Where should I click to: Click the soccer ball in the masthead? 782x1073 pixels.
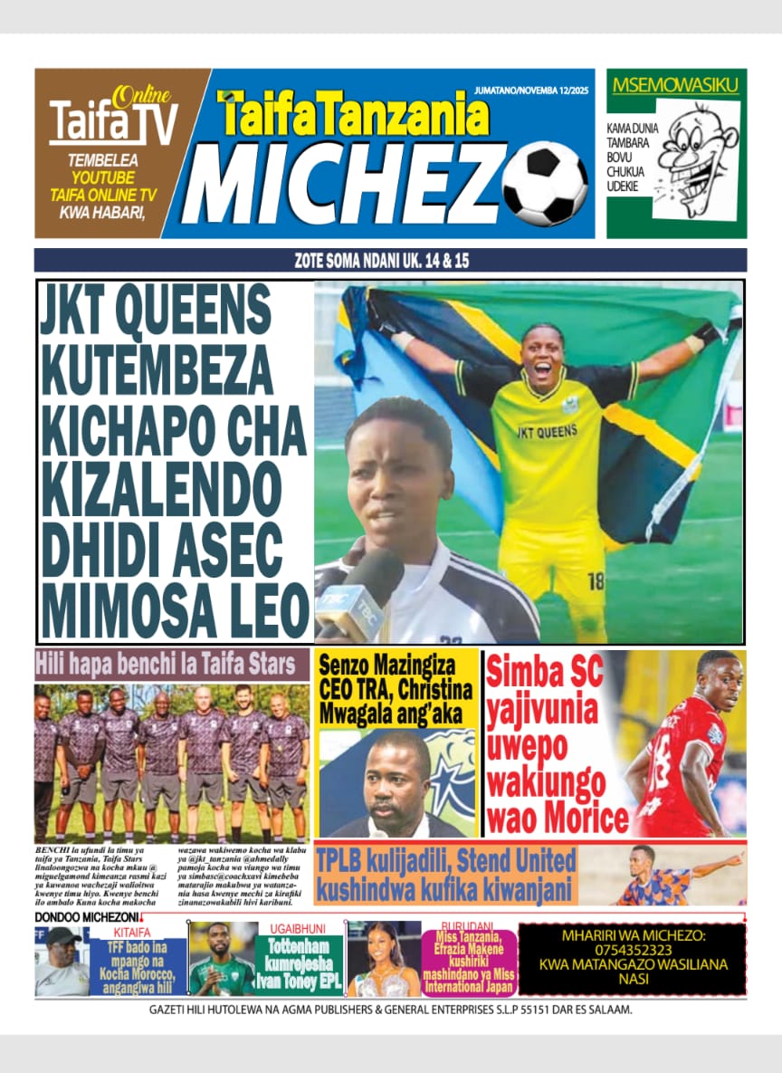tap(545, 185)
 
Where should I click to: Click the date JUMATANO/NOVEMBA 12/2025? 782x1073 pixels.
tap(534, 91)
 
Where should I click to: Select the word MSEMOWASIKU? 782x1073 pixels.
tap(676, 86)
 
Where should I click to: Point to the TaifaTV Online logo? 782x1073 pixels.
tap(112, 118)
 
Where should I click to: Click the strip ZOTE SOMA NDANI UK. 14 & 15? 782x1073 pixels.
tap(391, 261)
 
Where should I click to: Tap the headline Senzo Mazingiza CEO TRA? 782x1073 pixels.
tap(396, 689)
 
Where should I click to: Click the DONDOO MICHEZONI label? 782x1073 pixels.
tap(86, 918)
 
